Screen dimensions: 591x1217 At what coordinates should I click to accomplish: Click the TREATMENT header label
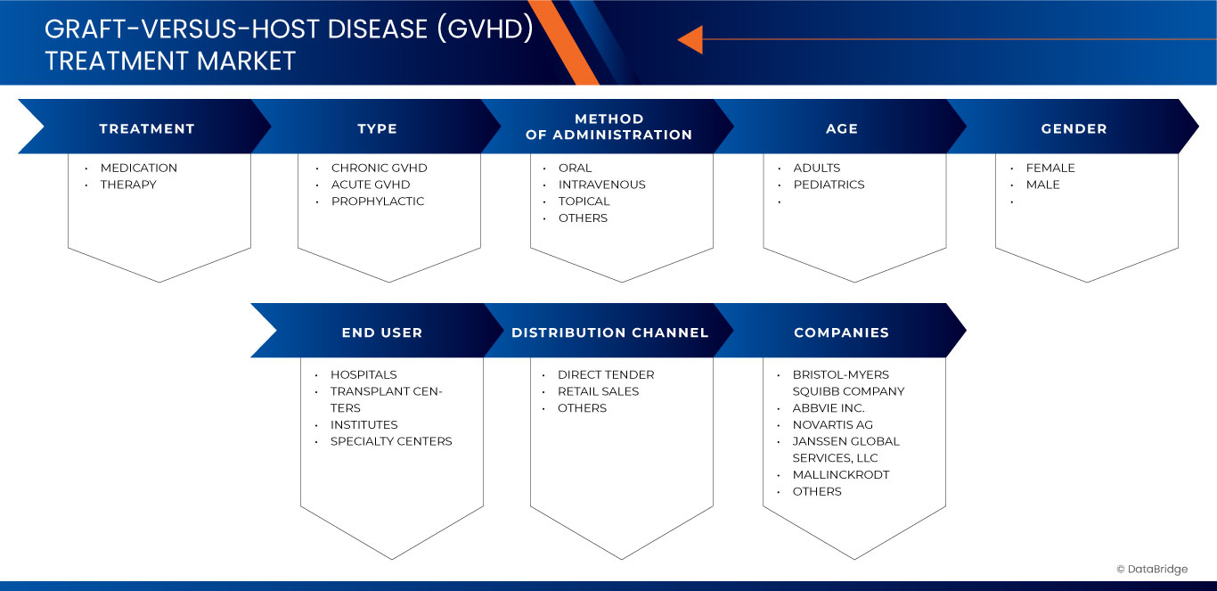pyautogui.click(x=146, y=128)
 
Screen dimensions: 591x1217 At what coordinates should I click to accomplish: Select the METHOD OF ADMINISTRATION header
pyautogui.click(x=608, y=127)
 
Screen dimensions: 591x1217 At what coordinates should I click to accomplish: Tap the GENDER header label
pyautogui.click(x=1074, y=128)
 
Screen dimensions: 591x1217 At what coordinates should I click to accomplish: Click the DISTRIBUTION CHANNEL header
pyautogui.click(x=609, y=332)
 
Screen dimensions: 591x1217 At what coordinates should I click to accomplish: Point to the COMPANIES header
pyautogui.click(x=841, y=332)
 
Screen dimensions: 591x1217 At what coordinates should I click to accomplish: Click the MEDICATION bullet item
pyautogui.click(x=138, y=168)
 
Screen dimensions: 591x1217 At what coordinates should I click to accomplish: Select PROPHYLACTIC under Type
pyautogui.click(x=378, y=201)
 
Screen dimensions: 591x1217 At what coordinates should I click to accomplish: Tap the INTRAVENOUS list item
pyautogui.click(x=601, y=185)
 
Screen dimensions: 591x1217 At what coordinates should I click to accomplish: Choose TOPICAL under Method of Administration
pyautogui.click(x=584, y=201)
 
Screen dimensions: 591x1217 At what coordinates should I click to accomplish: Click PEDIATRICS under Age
pyautogui.click(x=829, y=185)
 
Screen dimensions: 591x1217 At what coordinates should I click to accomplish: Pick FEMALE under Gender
pyautogui.click(x=1050, y=168)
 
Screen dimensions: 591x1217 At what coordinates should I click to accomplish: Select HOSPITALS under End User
pyautogui.click(x=363, y=374)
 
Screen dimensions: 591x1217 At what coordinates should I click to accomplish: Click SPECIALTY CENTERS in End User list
pyautogui.click(x=391, y=441)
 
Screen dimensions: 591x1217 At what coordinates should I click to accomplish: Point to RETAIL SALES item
pyautogui.click(x=598, y=391)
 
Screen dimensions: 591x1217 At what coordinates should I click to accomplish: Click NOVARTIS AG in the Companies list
pyautogui.click(x=832, y=425)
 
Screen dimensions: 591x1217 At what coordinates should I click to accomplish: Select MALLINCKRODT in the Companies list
pyautogui.click(x=840, y=475)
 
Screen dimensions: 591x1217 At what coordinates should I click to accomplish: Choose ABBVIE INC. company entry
pyautogui.click(x=829, y=408)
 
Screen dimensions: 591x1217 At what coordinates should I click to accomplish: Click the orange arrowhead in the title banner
pyautogui.click(x=690, y=39)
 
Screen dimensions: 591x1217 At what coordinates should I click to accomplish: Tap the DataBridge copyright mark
pyautogui.click(x=1152, y=569)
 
